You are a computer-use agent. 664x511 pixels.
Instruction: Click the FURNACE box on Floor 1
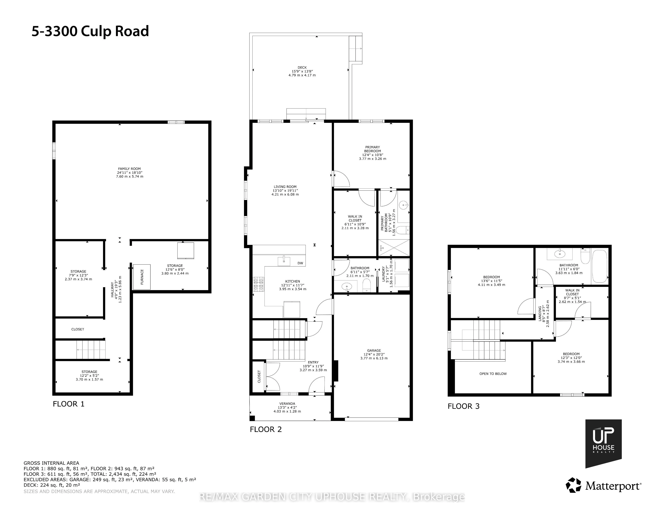pyautogui.click(x=142, y=277)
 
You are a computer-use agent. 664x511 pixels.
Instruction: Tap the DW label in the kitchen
pyautogui.click(x=300, y=263)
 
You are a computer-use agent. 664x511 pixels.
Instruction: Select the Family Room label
pyautogui.click(x=130, y=173)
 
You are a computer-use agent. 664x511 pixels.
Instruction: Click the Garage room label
pyautogui.click(x=374, y=354)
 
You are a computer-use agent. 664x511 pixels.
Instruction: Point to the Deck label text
pyautogui.click(x=302, y=71)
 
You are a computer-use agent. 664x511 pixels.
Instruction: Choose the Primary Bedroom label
pyautogui.click(x=372, y=153)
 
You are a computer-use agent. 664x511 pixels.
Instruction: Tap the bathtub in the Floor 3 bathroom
pyautogui.click(x=600, y=266)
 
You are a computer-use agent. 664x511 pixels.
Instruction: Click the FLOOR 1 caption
pyautogui.click(x=68, y=404)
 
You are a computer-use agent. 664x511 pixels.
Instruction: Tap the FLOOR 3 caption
pyautogui.click(x=463, y=406)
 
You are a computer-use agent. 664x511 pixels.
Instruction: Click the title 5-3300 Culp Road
pyautogui.click(x=90, y=31)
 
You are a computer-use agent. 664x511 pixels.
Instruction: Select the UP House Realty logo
pyautogui.click(x=603, y=444)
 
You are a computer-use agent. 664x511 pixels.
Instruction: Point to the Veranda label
pyautogui.click(x=287, y=407)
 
